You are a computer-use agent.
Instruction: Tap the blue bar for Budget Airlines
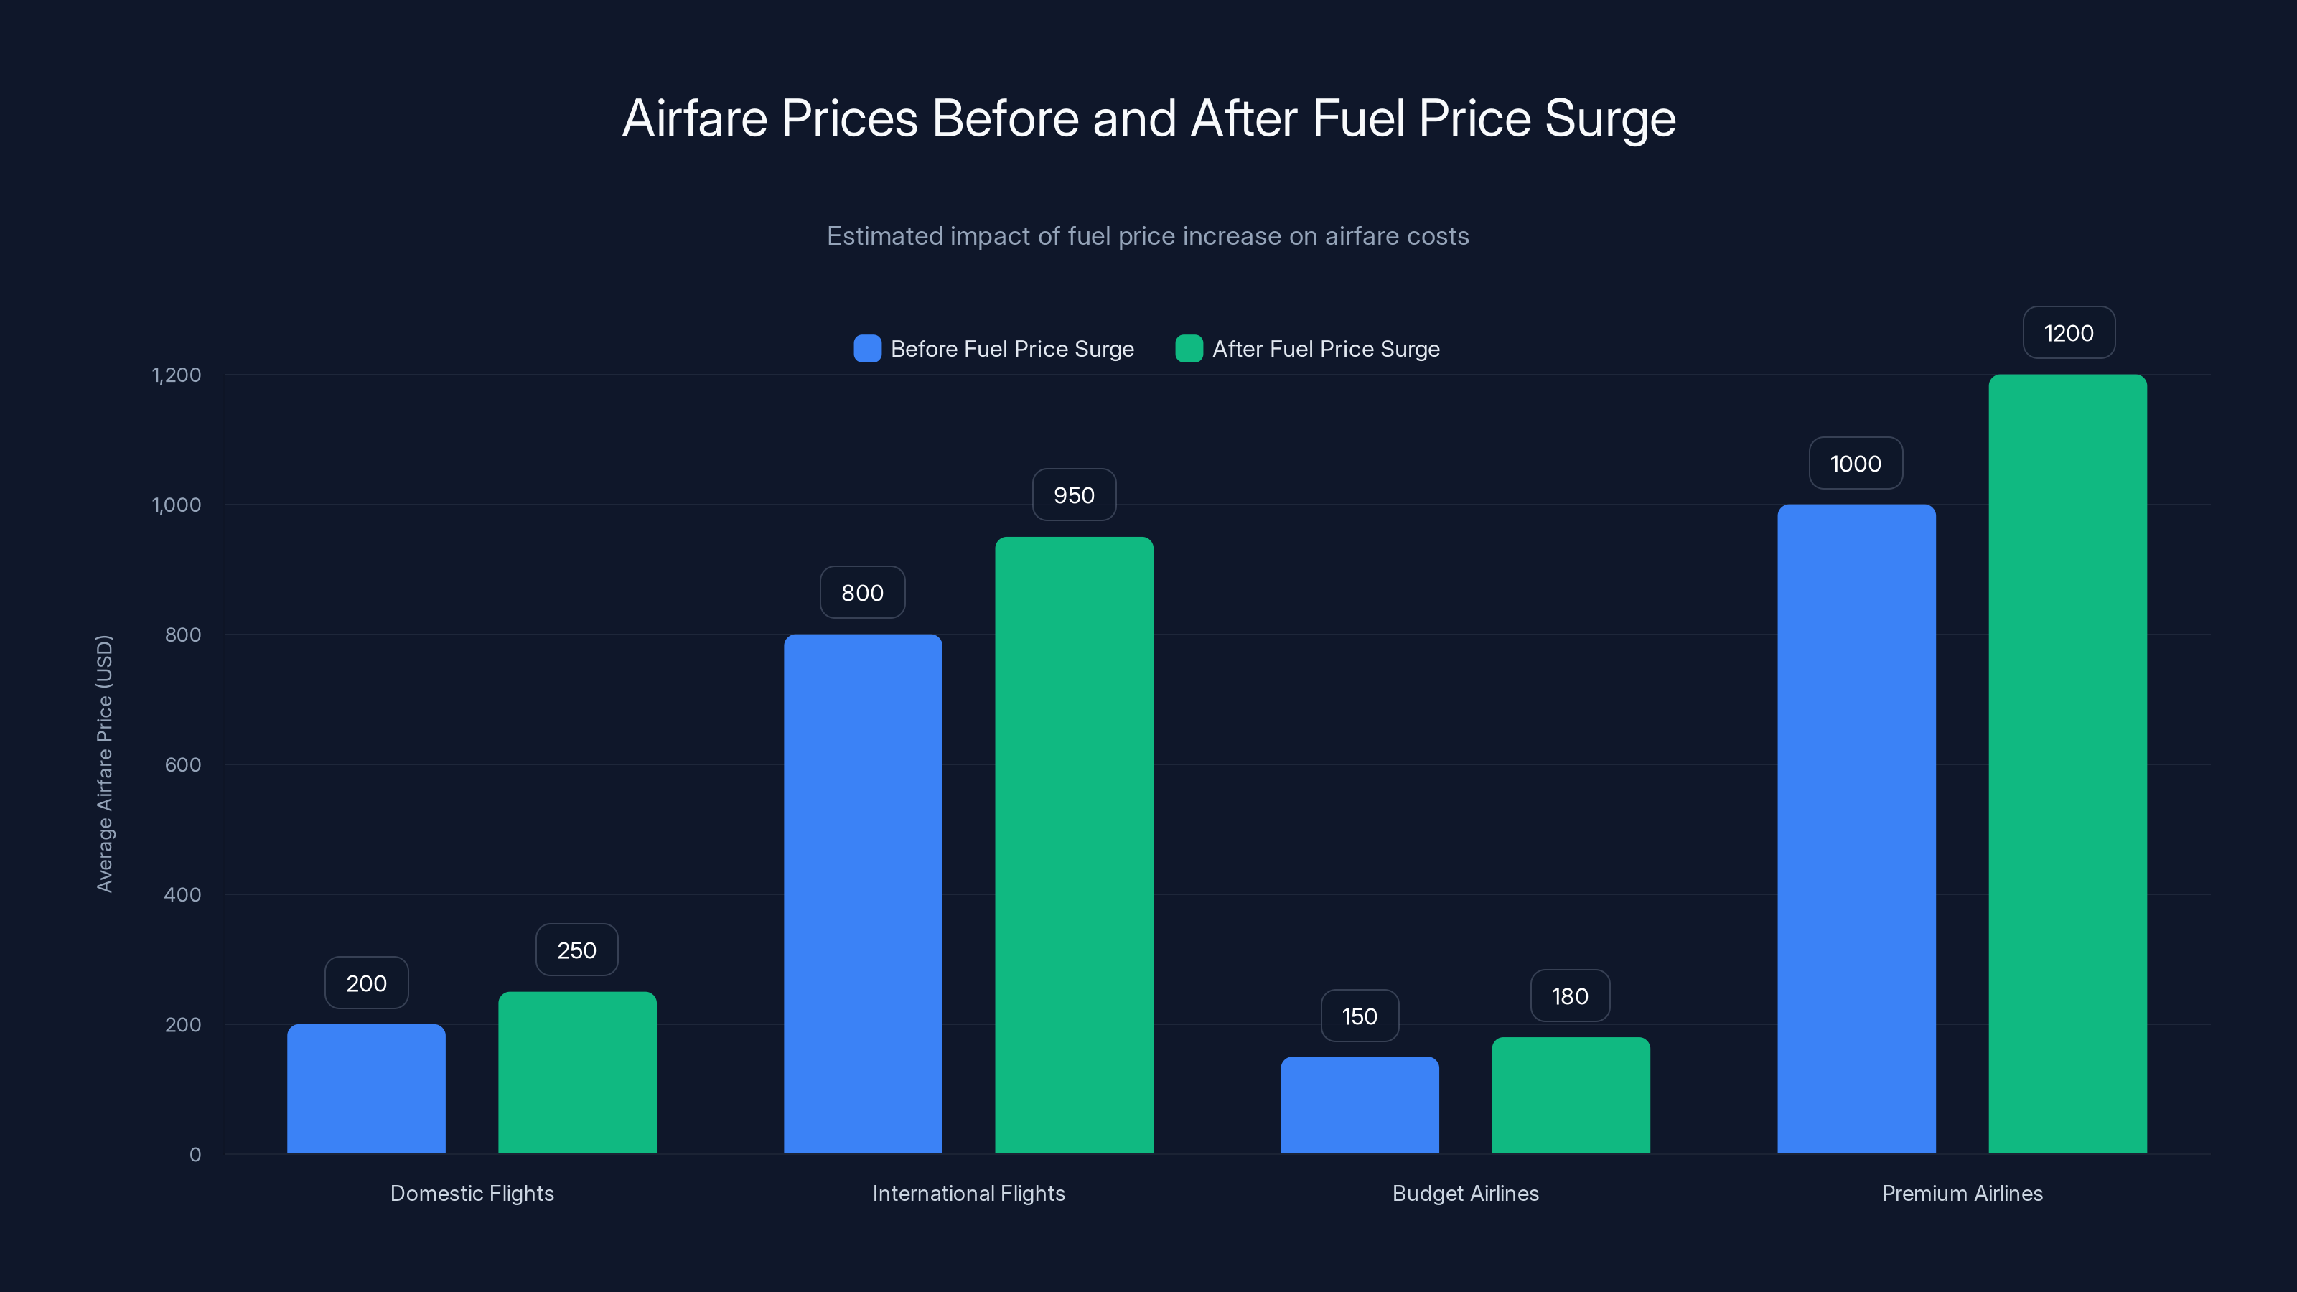pos(1359,1105)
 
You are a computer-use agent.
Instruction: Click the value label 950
pos(1074,495)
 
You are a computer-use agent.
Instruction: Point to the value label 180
pos(1569,996)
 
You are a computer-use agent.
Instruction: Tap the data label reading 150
pos(1359,1016)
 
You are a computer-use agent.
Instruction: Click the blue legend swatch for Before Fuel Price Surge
pos(866,349)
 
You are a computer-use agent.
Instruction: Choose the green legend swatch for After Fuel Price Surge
pos(1189,349)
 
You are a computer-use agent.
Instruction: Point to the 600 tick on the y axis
pos(183,764)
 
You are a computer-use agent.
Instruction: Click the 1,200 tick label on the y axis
pos(177,375)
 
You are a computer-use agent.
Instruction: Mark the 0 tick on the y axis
pos(195,1155)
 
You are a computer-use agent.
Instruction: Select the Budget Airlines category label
pos(1465,1193)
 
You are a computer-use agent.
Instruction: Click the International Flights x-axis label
pos(968,1193)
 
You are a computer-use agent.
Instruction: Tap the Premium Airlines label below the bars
pos(1962,1193)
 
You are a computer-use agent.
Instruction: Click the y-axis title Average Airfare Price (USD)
pos(104,763)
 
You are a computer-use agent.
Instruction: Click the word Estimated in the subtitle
pos(883,236)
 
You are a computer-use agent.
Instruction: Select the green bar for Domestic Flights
pos(577,1072)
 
